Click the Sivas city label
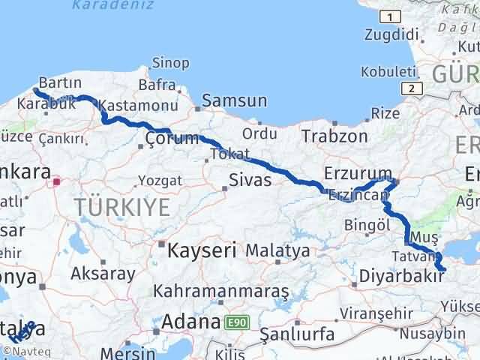[x=250, y=180]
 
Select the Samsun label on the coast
[x=234, y=100]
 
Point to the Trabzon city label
[x=334, y=136]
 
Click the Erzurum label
[x=358, y=173]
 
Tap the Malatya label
[x=277, y=250]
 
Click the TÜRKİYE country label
[x=121, y=209]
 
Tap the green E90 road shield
[x=237, y=322]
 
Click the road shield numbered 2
[x=412, y=88]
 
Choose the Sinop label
[x=169, y=63]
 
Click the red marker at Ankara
[x=55, y=181]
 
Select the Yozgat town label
[x=160, y=181]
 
